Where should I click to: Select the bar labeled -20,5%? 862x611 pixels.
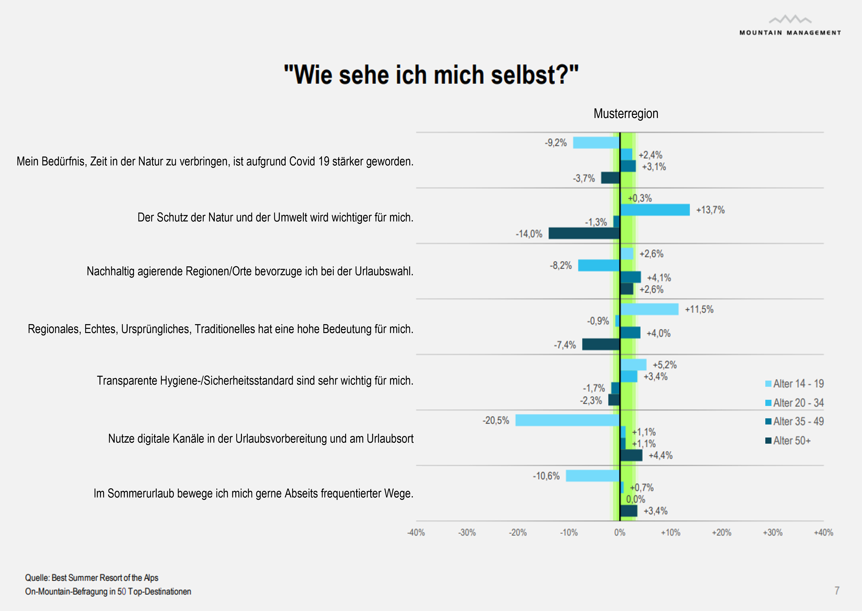[x=567, y=420]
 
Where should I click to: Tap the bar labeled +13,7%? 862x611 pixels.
[x=655, y=210]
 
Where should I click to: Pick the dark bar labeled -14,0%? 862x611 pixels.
[x=584, y=234]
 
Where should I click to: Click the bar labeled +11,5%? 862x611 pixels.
[x=649, y=309]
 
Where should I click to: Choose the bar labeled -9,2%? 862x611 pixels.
[x=596, y=143]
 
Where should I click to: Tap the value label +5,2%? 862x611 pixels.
[x=665, y=365]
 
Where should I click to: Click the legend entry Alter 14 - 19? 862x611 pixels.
[x=794, y=384]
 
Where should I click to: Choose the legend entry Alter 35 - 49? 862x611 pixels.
[x=794, y=421]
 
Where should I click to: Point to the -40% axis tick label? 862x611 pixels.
[x=416, y=533]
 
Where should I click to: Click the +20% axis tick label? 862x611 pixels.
[x=721, y=533]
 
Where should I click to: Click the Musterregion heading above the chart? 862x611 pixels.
[x=626, y=114]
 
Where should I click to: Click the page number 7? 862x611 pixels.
[x=837, y=591]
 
